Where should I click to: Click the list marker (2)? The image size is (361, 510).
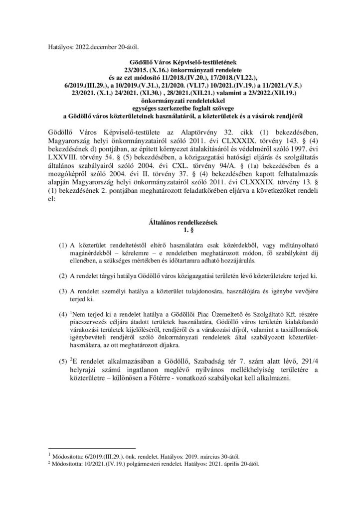point(63,275)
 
